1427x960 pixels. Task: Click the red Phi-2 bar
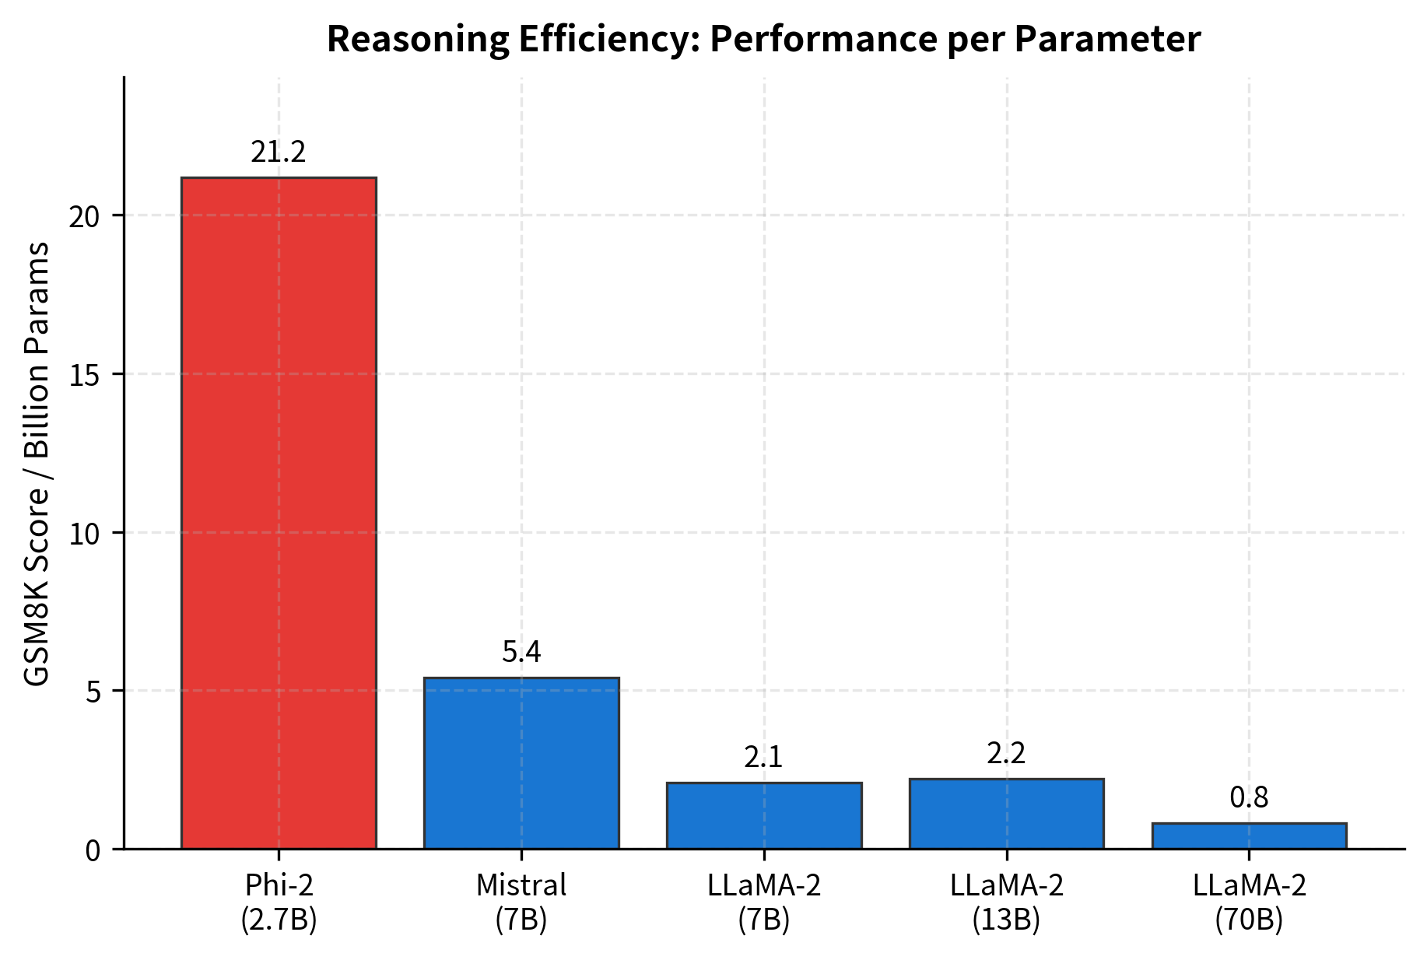(x=279, y=513)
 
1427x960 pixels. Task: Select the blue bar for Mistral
(x=521, y=763)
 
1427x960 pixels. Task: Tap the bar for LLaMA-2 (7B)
(x=764, y=815)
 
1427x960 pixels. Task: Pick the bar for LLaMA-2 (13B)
(x=1006, y=814)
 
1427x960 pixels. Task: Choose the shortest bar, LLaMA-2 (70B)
(x=1249, y=836)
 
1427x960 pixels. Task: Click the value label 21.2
(x=279, y=152)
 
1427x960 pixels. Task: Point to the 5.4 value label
(x=521, y=652)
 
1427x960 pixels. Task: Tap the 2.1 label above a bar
(x=763, y=758)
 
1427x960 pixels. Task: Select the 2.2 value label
(x=1006, y=754)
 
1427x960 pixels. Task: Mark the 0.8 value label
(x=1249, y=798)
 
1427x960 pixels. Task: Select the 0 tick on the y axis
(x=93, y=850)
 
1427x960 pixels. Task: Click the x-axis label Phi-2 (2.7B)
(x=279, y=903)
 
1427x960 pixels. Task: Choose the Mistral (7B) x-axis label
(x=521, y=903)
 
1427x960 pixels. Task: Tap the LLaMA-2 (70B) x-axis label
(x=1249, y=903)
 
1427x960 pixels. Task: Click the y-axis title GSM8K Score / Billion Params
(x=37, y=464)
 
